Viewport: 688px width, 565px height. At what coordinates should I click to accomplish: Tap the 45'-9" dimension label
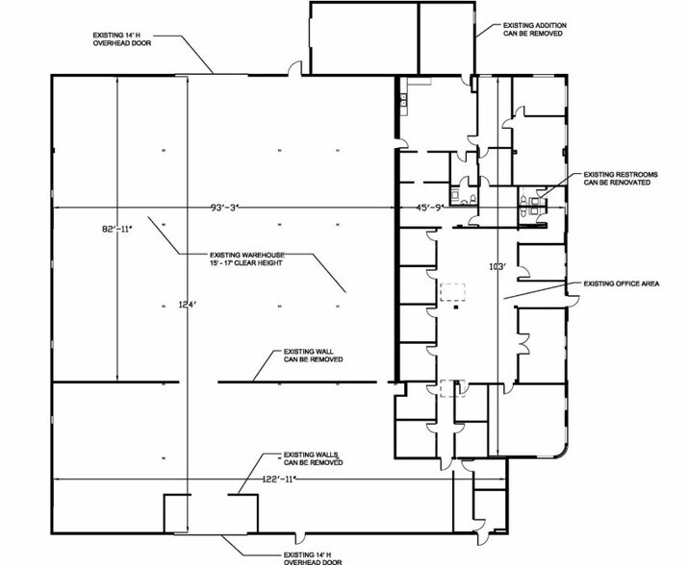430,208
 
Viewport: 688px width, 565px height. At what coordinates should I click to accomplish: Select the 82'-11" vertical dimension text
117,229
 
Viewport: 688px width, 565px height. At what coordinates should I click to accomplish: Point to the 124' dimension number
187,305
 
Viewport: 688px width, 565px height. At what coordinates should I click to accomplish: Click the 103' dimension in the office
497,266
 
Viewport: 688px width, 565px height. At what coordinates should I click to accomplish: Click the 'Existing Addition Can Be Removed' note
534,30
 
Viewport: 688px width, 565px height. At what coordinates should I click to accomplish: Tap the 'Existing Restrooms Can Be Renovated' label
621,179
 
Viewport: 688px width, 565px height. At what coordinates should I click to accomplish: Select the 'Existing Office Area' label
622,283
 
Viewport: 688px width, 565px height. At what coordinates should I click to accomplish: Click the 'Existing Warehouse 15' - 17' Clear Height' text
247,259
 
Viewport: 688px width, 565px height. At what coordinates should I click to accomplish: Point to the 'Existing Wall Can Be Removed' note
314,356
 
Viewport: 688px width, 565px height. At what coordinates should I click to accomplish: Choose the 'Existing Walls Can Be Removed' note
314,458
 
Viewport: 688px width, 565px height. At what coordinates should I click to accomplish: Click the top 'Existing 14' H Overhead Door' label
122,39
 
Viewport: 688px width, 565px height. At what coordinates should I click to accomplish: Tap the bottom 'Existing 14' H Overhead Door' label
313,558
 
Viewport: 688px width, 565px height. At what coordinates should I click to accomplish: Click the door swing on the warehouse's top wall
294,68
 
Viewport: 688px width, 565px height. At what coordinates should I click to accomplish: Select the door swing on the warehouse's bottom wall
300,539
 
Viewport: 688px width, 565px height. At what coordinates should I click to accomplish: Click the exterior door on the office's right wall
573,300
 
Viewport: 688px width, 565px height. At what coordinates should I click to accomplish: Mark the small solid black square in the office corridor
457,307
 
